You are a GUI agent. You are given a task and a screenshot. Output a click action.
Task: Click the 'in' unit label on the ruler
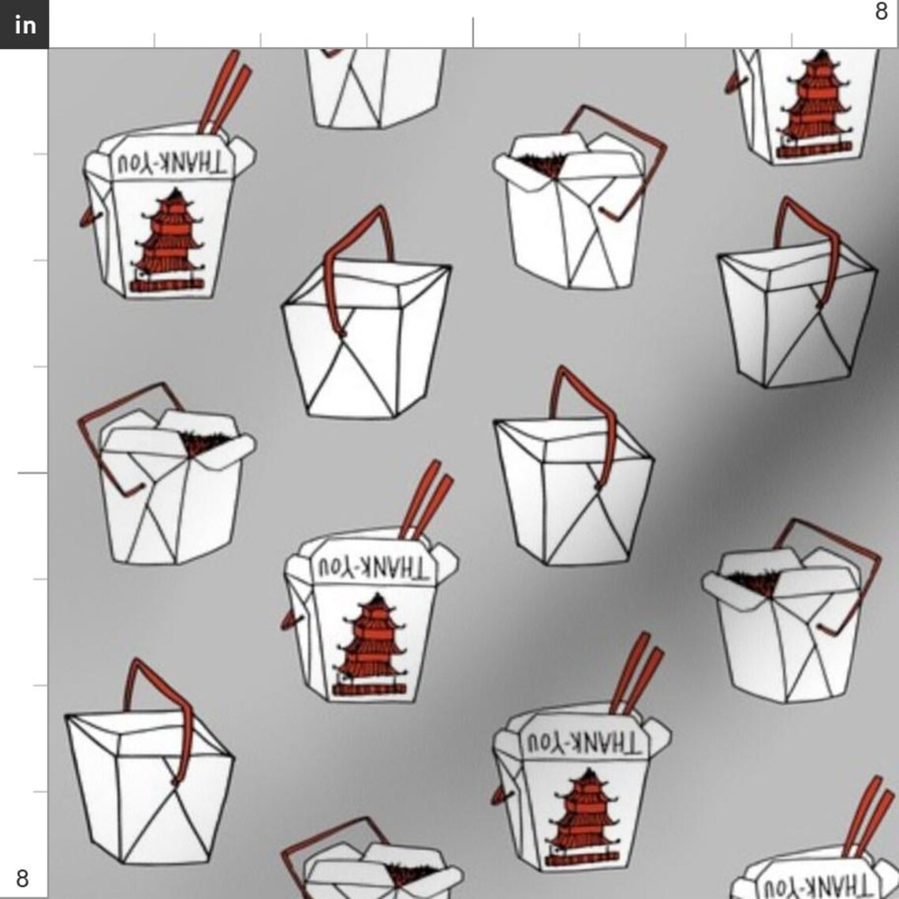(24, 24)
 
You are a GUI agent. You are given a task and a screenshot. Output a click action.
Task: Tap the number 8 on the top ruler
(881, 11)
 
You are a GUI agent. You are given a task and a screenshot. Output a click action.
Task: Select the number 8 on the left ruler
(22, 878)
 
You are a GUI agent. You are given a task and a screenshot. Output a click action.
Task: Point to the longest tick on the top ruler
(473, 32)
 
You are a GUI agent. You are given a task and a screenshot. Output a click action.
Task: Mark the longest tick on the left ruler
(32, 473)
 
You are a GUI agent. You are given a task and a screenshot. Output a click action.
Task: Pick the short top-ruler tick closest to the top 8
(792, 40)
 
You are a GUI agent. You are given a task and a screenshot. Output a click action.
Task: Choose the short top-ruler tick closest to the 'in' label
(155, 40)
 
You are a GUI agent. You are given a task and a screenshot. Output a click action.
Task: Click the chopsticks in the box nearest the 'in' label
(225, 91)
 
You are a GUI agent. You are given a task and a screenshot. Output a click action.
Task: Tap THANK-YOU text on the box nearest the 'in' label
(171, 163)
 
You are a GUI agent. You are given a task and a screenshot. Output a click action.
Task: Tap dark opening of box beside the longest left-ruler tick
(202, 443)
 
